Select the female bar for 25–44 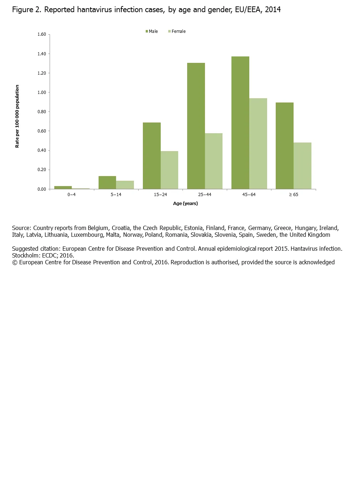[x=214, y=161]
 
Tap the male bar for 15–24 [x=151, y=156]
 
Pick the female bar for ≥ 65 [x=302, y=166]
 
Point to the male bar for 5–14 [x=107, y=182]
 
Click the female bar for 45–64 [x=258, y=144]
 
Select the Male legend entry [x=152, y=31]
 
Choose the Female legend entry [x=177, y=31]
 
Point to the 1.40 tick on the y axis [x=42, y=54]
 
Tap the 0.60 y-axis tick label [x=42, y=131]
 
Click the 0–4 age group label [x=71, y=195]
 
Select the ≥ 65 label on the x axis [x=294, y=195]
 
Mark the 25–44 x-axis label [x=205, y=195]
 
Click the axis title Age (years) [x=185, y=204]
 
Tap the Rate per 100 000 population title [x=17, y=116]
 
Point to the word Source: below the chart [x=21, y=228]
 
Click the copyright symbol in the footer [x=15, y=262]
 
